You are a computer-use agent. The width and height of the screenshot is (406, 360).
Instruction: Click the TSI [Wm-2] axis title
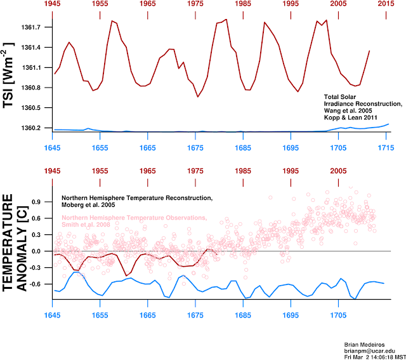10,75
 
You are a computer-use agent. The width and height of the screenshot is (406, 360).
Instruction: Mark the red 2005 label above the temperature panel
338,171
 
